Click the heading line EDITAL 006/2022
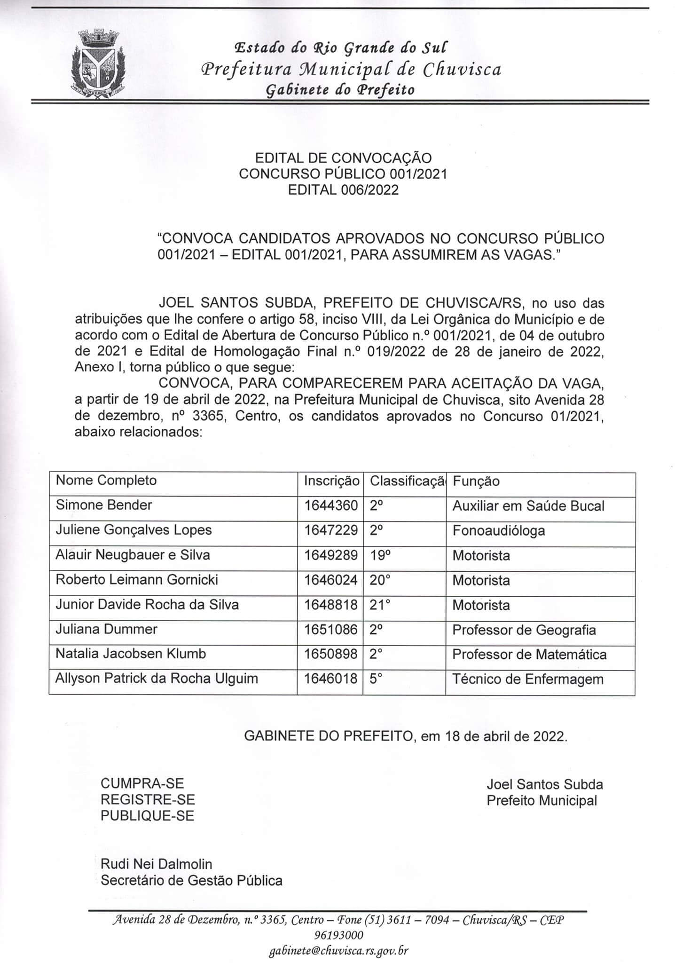[x=343, y=189]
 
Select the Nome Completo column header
[x=106, y=480]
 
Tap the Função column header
[x=476, y=481]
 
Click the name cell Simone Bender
[x=104, y=505]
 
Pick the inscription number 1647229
[x=330, y=530]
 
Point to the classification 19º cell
[x=380, y=555]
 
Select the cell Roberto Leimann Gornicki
[x=137, y=579]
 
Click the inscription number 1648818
[x=330, y=605]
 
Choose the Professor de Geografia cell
[x=524, y=630]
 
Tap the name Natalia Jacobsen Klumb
[x=131, y=654]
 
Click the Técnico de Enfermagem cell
[x=527, y=679]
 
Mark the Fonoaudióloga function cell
[x=499, y=531]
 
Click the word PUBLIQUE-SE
[x=147, y=816]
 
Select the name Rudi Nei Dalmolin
[x=157, y=864]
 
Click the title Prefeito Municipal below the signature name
[x=542, y=800]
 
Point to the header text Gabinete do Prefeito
[x=340, y=90]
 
